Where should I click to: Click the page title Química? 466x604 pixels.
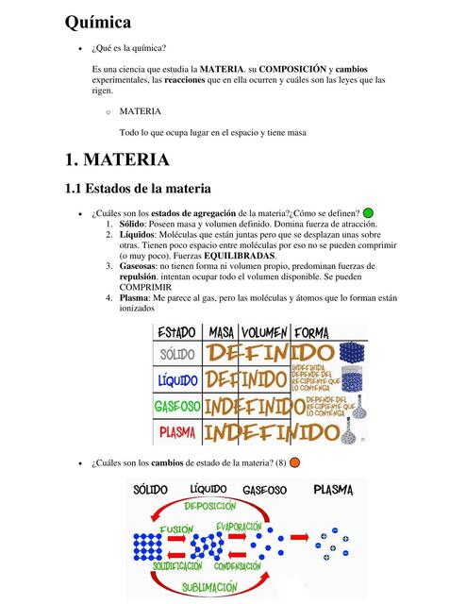(x=98, y=21)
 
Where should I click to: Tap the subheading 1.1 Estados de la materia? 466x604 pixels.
(x=137, y=189)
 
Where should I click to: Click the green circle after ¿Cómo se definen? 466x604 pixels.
(x=370, y=213)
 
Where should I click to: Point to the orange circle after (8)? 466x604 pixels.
(x=294, y=461)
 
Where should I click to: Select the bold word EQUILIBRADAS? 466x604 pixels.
(x=234, y=256)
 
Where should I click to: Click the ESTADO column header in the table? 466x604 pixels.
(x=176, y=333)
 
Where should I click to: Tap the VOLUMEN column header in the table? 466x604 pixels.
(x=263, y=333)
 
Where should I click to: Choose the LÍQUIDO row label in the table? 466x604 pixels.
(x=177, y=379)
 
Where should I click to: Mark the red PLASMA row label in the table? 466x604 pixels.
(x=177, y=433)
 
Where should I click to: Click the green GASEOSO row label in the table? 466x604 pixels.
(x=177, y=407)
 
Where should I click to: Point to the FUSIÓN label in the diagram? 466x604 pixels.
(x=176, y=529)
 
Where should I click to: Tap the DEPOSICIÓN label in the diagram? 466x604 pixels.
(x=209, y=507)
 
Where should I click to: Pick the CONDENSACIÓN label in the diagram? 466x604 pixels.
(x=238, y=566)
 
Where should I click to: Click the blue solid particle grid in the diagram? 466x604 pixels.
(x=148, y=546)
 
